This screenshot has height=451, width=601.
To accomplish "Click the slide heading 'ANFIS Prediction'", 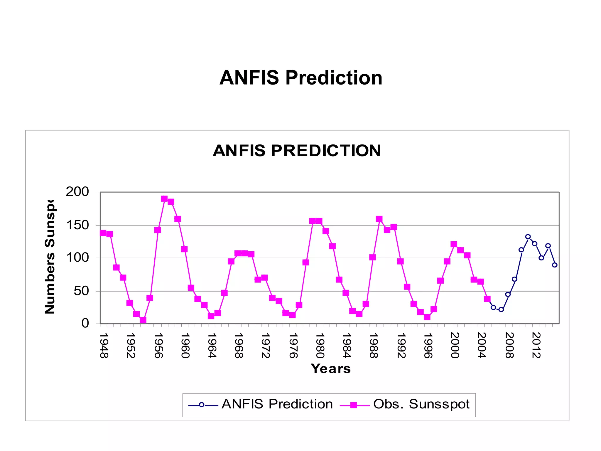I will pos(301,78).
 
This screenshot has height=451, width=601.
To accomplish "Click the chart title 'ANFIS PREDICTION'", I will pos(297,151).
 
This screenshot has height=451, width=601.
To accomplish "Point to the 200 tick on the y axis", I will pos(77,192).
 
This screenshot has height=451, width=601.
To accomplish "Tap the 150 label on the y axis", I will pos(77,225).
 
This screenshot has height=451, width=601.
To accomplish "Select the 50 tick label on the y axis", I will pos(81,291).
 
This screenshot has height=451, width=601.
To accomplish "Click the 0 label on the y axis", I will pos(85,323).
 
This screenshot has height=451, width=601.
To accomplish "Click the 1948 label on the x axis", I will pos(104,346).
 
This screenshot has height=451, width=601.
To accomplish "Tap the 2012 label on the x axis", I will pos(536,346).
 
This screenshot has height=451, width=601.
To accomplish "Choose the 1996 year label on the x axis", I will pos(428,346).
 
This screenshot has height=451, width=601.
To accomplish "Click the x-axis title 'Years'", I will pos(331,369).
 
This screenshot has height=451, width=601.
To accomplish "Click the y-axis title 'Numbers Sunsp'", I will pos(50,257).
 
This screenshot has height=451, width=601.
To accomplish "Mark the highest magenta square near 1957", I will pos(164,199).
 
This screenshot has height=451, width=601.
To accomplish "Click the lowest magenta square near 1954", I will pos(143,320).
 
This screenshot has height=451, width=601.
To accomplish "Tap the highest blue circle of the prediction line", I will pos(528,237).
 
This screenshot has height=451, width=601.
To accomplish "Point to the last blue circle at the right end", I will pos(555,265).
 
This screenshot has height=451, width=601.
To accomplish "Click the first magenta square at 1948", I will pos(103,233).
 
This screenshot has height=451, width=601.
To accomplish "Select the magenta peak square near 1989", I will pos(379,219).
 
